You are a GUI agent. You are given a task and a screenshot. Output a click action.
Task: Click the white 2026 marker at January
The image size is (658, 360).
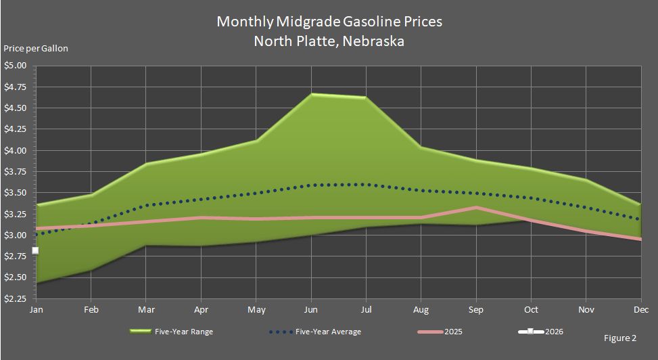[35, 250]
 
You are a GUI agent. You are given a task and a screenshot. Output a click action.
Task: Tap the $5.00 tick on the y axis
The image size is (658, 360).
[15, 66]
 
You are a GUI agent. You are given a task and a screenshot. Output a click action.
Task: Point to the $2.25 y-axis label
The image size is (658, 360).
[15, 298]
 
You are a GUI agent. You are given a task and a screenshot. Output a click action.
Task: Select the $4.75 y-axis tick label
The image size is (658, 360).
[15, 87]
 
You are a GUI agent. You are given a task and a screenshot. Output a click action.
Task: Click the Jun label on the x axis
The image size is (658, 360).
[310, 309]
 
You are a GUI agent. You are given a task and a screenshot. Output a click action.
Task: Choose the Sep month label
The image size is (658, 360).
[476, 309]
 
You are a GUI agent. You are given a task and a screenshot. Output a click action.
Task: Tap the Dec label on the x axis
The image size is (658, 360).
[640, 309]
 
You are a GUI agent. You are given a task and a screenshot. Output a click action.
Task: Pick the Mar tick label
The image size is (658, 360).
[145, 309]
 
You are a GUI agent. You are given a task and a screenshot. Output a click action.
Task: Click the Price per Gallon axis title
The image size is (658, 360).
[36, 48]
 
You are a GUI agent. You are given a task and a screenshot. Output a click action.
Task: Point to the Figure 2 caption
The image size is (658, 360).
[619, 336]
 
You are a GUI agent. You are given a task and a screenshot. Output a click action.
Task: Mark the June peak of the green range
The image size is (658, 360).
[312, 94]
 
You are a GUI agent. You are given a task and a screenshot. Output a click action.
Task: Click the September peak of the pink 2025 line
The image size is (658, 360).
[477, 207]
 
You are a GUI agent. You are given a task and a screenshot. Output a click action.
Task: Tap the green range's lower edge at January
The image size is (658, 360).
[36, 283]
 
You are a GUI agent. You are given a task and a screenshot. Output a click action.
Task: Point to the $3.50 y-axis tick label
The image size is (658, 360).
[15, 193]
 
